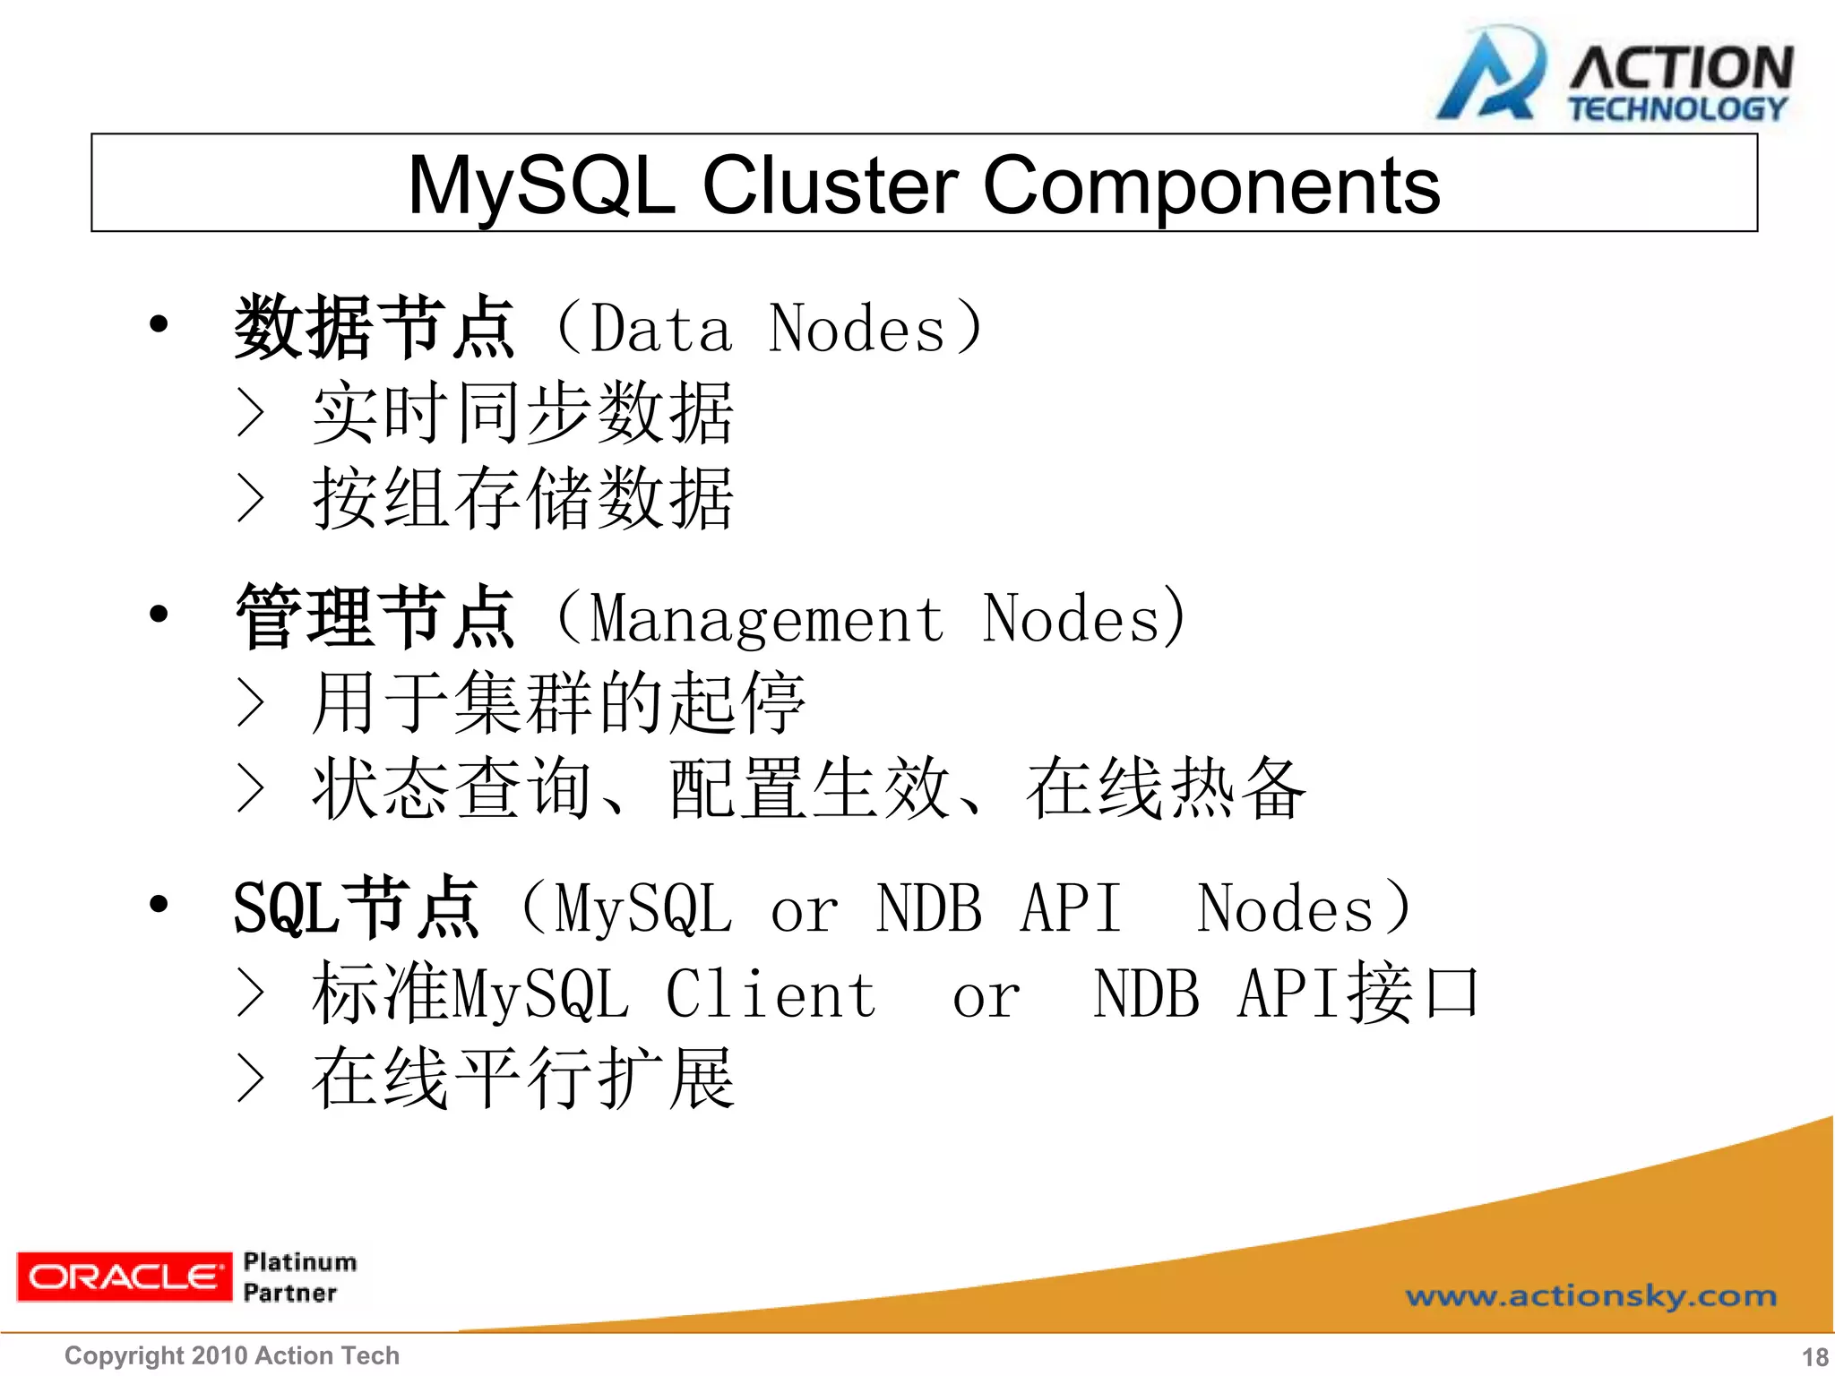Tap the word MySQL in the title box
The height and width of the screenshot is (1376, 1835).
click(x=541, y=185)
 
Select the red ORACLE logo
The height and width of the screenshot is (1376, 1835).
click(x=123, y=1276)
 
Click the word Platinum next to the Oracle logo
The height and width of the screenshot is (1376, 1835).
click(x=299, y=1261)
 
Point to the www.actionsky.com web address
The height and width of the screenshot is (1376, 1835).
click(x=1590, y=1295)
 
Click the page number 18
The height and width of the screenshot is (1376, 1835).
click(x=1814, y=1356)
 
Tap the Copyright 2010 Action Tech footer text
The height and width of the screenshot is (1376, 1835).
click(x=232, y=1355)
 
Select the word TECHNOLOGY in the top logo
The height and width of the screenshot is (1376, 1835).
click(x=1676, y=109)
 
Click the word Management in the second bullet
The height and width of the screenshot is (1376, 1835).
click(x=767, y=620)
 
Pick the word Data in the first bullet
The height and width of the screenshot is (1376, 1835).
click(x=661, y=330)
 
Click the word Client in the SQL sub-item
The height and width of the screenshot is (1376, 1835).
click(x=771, y=995)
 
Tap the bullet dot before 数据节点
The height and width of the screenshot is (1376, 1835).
click(x=159, y=324)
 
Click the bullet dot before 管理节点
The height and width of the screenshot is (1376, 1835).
click(x=159, y=614)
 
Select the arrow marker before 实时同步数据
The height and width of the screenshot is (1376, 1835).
click(x=251, y=413)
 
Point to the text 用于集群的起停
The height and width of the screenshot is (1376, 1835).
click(x=557, y=702)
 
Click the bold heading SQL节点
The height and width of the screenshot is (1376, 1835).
click(x=356, y=907)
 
